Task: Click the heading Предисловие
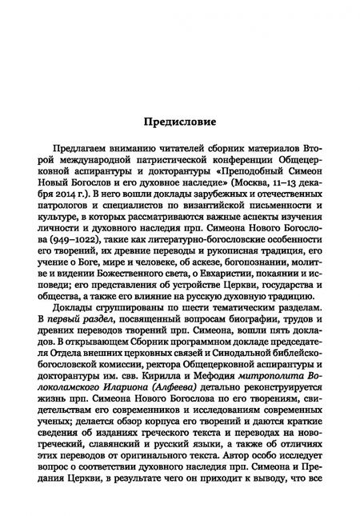180,123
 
